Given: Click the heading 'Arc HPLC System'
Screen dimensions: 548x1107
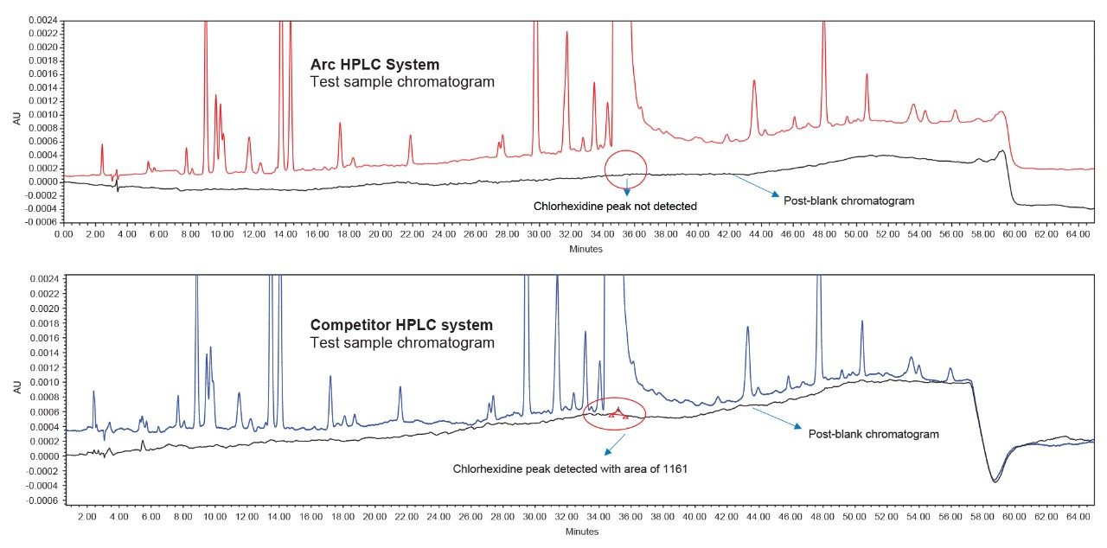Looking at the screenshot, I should coord(374,65).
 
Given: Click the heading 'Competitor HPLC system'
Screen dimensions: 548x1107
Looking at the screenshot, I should coord(401,325).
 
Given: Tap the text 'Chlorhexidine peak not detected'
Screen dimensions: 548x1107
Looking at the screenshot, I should coord(615,206).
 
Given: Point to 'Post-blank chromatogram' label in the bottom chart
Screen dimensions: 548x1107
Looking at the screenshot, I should coord(873,434).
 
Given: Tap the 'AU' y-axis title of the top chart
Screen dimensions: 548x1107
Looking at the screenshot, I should coord(16,119).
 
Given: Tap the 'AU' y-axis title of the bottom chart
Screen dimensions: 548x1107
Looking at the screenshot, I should coord(16,389).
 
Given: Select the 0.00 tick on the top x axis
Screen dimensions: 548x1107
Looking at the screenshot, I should coord(64,234).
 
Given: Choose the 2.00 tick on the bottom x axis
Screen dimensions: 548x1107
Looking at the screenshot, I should coord(86,516).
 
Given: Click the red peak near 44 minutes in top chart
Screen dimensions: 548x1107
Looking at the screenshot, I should coord(754,82).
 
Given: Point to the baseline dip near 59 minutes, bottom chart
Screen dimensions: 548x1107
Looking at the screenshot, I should coord(995,480).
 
